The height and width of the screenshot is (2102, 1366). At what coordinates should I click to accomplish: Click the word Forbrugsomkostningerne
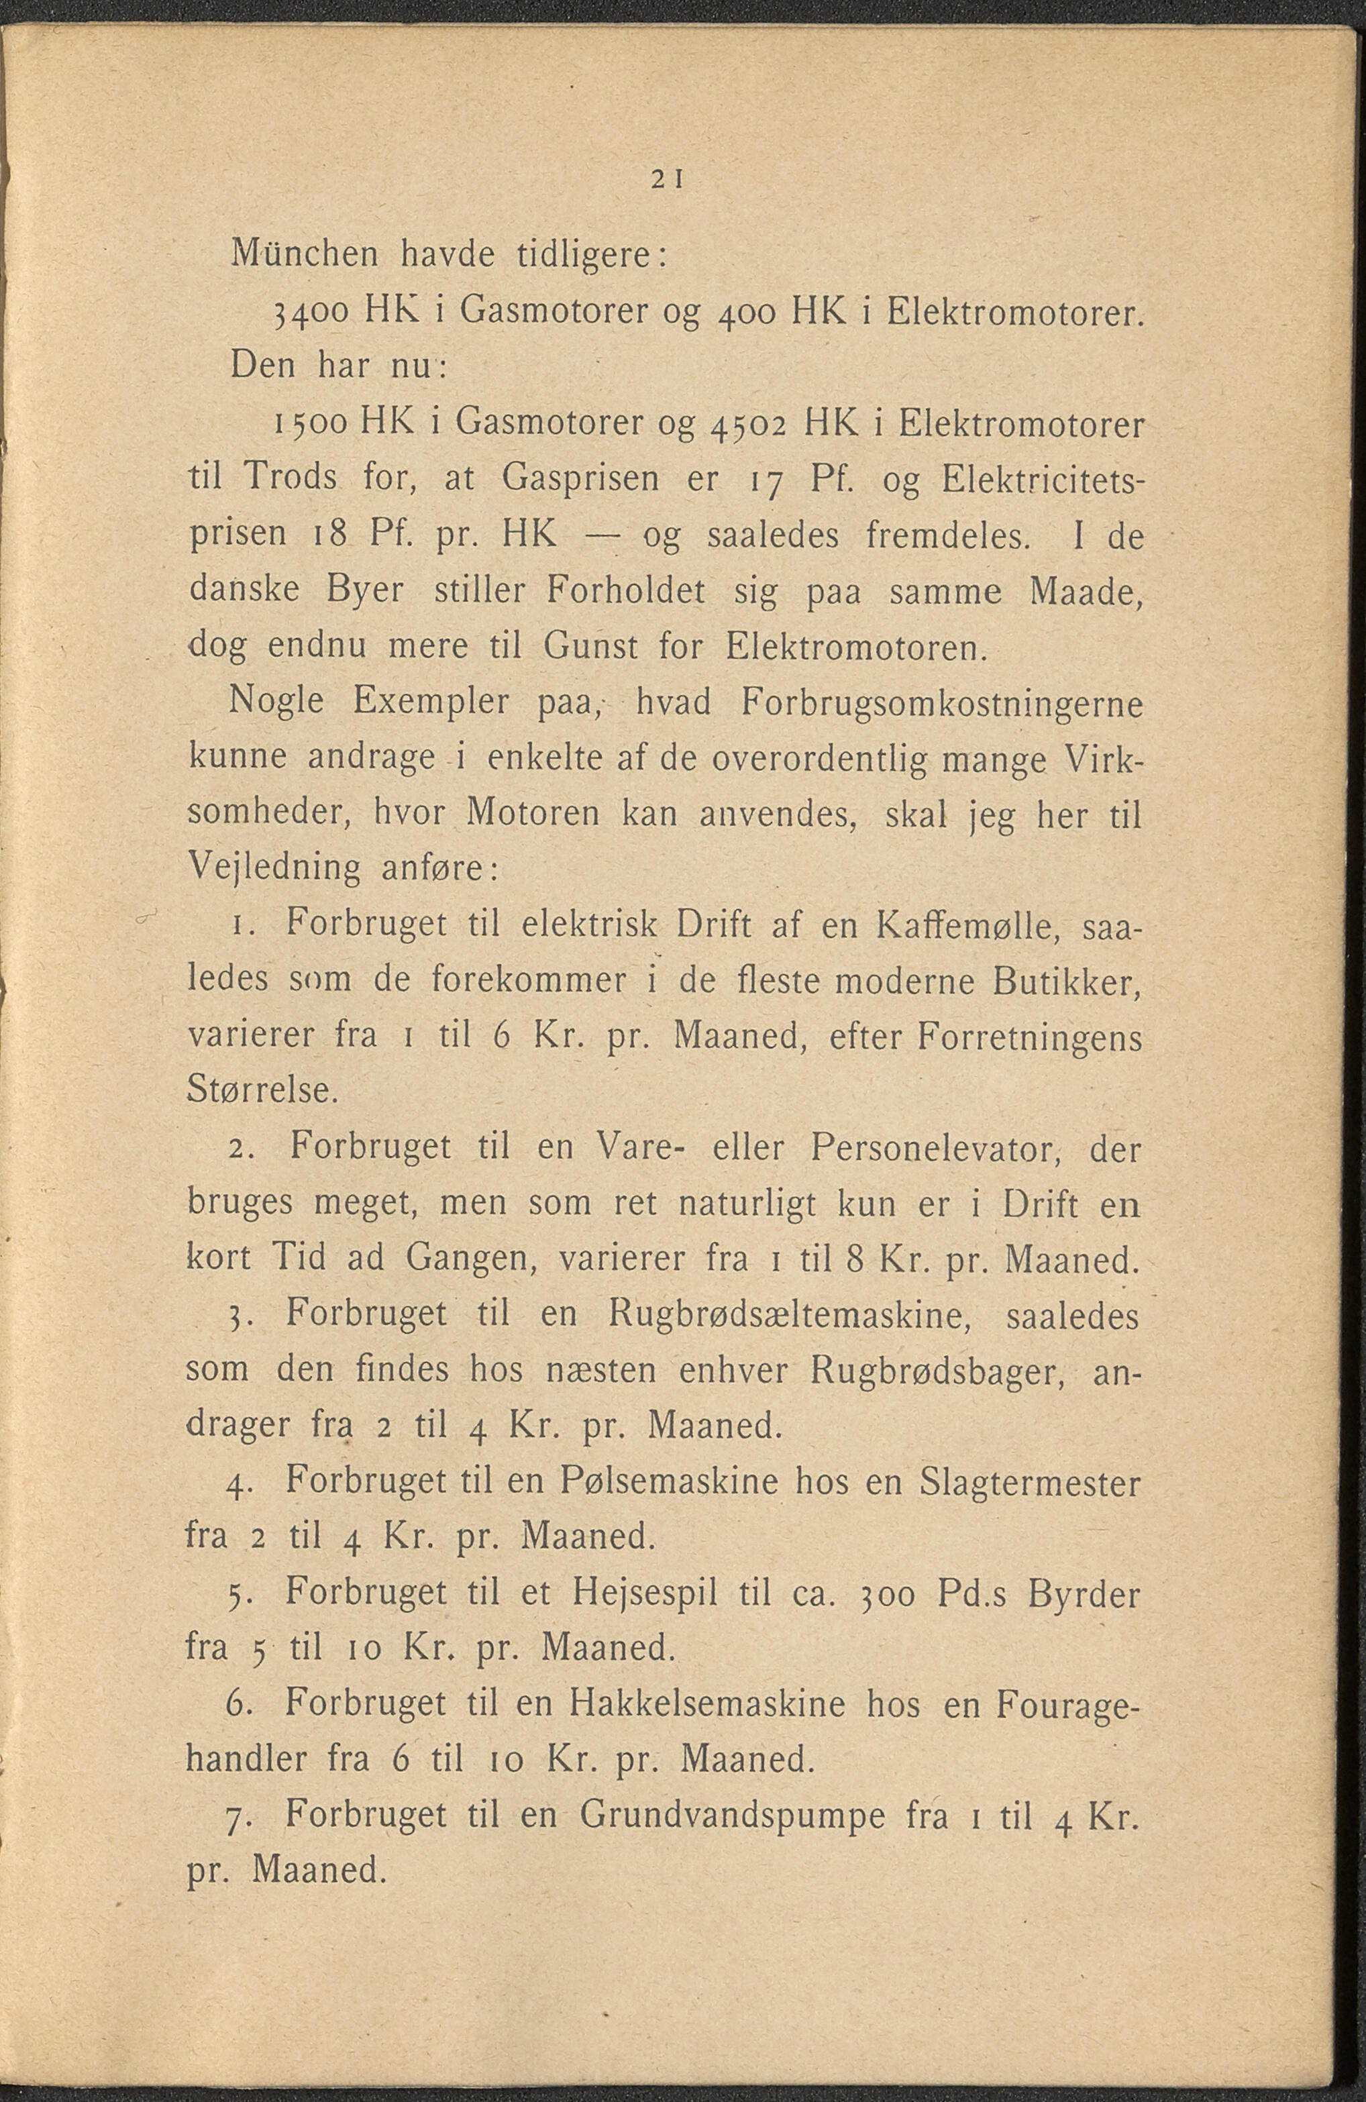click(941, 704)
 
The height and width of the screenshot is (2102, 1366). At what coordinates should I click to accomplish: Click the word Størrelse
click(262, 1092)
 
